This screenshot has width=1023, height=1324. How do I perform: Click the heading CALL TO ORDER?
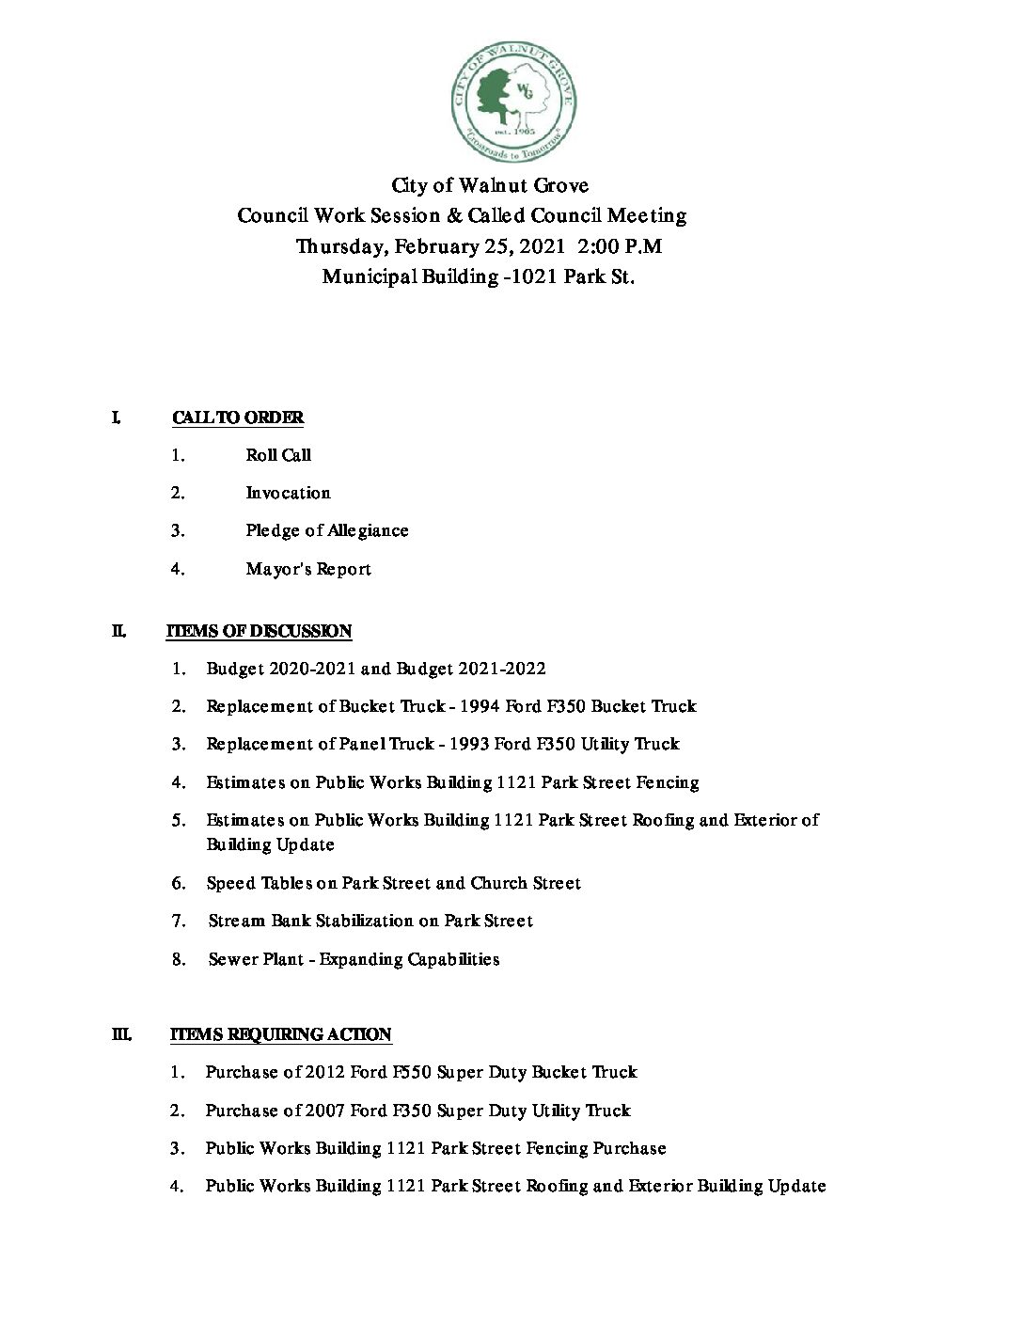pos(237,418)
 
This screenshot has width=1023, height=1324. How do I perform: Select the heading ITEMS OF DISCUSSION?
pos(259,631)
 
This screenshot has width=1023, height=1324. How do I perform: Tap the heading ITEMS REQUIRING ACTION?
pos(280,1034)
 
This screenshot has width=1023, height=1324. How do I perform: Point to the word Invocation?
pos(288,493)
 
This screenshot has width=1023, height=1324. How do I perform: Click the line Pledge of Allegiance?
pos(326,530)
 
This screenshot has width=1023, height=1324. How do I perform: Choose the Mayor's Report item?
pos(308,569)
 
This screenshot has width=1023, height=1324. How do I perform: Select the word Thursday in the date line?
pos(340,246)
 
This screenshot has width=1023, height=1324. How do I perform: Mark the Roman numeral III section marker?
pos(121,1034)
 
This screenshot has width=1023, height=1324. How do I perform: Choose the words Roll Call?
pos(278,455)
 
